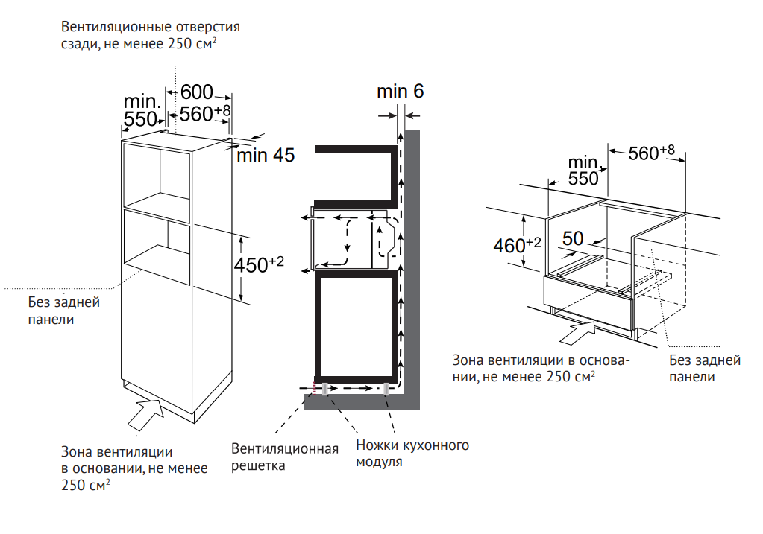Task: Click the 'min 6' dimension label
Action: [x=400, y=92]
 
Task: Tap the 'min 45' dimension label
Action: [x=266, y=156]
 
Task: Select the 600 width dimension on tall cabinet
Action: [x=196, y=92]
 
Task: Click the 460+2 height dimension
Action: [x=517, y=244]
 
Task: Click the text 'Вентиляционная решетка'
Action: [x=284, y=457]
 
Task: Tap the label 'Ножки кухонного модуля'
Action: [x=412, y=454]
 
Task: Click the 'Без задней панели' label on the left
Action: [x=63, y=311]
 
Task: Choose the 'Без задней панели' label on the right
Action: [x=704, y=368]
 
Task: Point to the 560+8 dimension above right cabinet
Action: [x=651, y=153]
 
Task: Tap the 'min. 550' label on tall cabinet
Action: [x=142, y=109]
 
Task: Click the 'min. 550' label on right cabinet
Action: [x=584, y=171]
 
